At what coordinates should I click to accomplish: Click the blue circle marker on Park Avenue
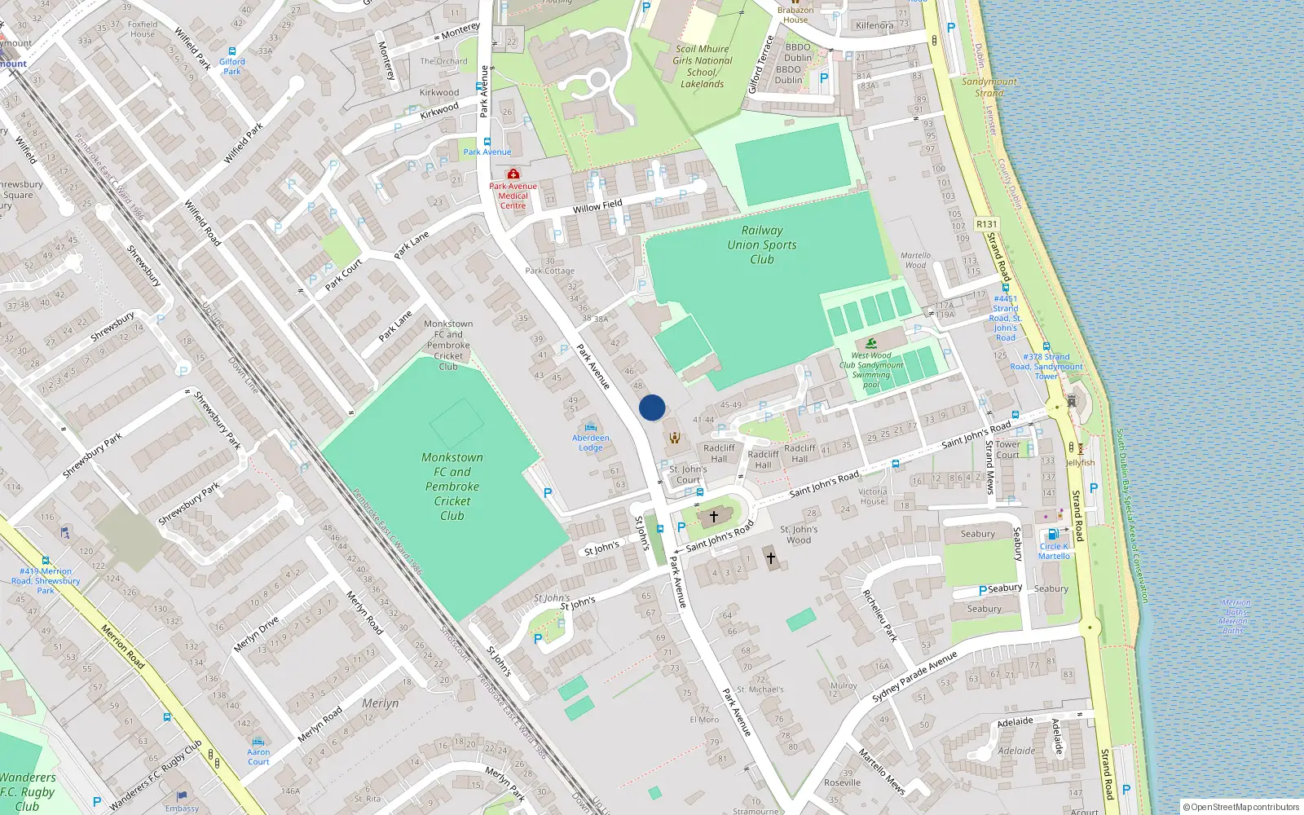pyautogui.click(x=652, y=407)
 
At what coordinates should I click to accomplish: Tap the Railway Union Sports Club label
pyautogui.click(x=762, y=244)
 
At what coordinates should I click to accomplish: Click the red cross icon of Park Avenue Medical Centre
pyautogui.click(x=513, y=174)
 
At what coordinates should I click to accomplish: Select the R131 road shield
pyautogui.click(x=986, y=224)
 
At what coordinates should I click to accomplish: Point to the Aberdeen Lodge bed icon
pyautogui.click(x=591, y=427)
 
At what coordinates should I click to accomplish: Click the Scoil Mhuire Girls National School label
pyautogui.click(x=702, y=66)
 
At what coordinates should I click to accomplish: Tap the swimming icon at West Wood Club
pyautogui.click(x=871, y=343)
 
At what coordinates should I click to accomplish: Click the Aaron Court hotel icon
pyautogui.click(x=258, y=742)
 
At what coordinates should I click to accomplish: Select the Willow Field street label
pyautogui.click(x=597, y=206)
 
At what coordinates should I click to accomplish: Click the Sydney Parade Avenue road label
pyautogui.click(x=914, y=676)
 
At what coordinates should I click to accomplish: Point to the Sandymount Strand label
pyautogui.click(x=989, y=87)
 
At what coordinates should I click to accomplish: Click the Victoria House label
pyautogui.click(x=872, y=496)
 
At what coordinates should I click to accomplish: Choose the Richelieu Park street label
pyautogui.click(x=879, y=615)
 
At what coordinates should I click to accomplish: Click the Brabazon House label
pyautogui.click(x=795, y=15)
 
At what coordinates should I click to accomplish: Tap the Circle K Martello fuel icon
pyautogui.click(x=1052, y=535)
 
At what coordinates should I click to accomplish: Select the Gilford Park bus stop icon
pyautogui.click(x=232, y=51)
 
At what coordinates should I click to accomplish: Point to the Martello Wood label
pyautogui.click(x=915, y=260)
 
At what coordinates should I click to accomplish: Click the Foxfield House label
pyautogui.click(x=142, y=29)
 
